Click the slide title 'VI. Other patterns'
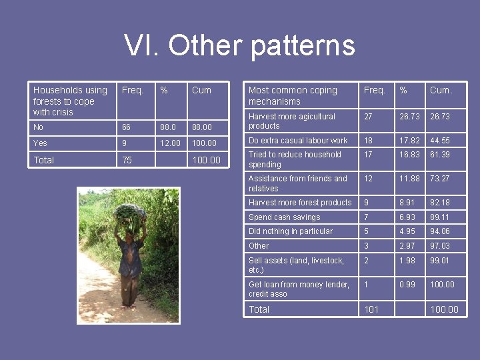click(239, 45)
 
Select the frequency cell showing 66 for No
click(126, 127)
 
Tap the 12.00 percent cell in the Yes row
click(170, 143)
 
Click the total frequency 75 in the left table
click(127, 160)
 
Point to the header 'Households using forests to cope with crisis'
click(70, 101)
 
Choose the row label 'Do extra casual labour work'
click(298, 141)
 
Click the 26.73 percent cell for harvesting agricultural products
click(409, 117)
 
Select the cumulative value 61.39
click(440, 155)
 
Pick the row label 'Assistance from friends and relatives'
click(297, 183)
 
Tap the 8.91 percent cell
click(407, 203)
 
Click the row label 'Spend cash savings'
click(284, 217)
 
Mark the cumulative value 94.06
click(440, 231)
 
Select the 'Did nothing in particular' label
click(290, 231)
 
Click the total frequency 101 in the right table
click(371, 309)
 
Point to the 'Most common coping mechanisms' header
click(293, 95)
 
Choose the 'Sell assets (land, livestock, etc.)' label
click(296, 265)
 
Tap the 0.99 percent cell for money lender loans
click(407, 285)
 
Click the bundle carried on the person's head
click(129, 214)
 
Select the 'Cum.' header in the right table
click(441, 90)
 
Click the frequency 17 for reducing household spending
click(369, 155)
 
